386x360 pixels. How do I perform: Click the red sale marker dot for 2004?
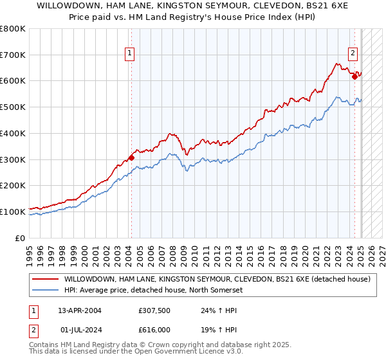[x=131, y=157]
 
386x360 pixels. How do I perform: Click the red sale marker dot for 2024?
[x=354, y=76]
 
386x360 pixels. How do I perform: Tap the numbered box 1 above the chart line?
[x=131, y=53]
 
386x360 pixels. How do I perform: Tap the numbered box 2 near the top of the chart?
[x=353, y=53]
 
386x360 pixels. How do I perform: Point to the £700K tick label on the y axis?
[x=13, y=55]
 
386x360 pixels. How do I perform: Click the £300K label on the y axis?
[x=13, y=159]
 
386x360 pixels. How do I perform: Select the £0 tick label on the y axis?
[x=20, y=238]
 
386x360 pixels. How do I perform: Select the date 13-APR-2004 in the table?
[x=80, y=310]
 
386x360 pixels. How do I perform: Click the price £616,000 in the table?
[x=154, y=329]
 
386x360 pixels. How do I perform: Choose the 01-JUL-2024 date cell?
[x=80, y=329]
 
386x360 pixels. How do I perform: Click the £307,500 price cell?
[x=154, y=310]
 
